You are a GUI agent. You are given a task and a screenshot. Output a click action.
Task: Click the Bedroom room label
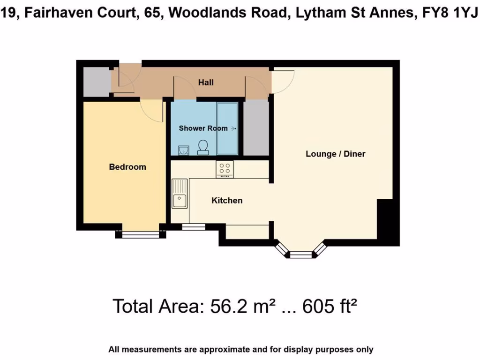[127, 167]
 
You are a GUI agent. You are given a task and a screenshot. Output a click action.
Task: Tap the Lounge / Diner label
[335, 154]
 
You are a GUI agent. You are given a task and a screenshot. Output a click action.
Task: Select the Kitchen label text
[227, 201]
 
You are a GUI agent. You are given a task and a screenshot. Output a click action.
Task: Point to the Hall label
[206, 82]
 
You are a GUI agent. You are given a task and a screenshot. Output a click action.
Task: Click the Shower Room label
[203, 128]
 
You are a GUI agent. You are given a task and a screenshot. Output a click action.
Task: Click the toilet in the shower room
[203, 147]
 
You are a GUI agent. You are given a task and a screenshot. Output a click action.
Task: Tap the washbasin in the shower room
[183, 150]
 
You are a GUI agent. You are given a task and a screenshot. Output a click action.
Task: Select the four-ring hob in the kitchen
[225, 169]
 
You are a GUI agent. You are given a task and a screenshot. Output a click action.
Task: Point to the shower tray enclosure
[227, 128]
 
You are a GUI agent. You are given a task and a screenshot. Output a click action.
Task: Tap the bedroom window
[140, 234]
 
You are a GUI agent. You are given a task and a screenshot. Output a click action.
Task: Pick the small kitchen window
[194, 227]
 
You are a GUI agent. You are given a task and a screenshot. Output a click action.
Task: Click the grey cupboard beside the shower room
[255, 127]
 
